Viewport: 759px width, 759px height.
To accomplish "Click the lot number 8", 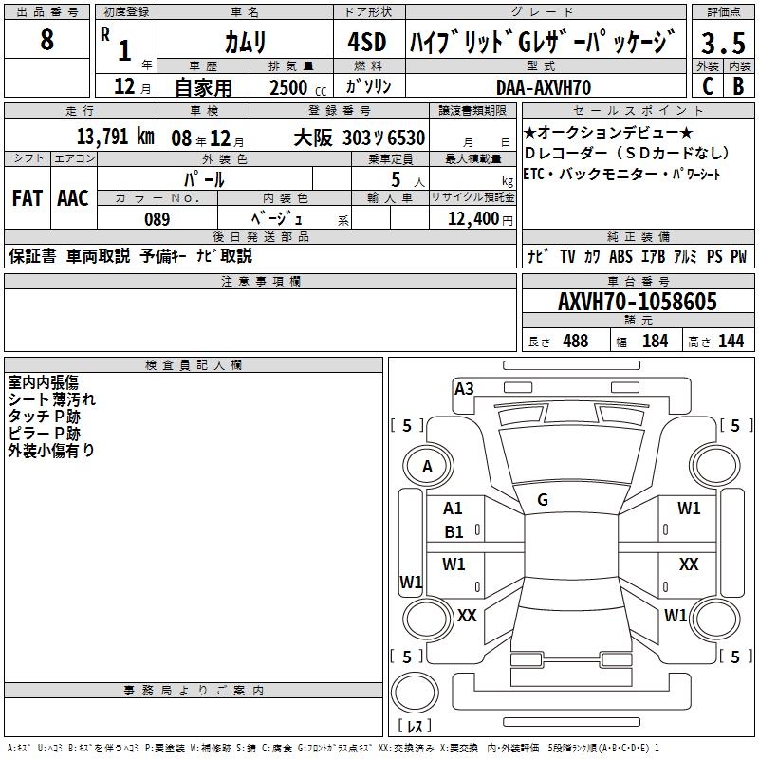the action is pos(46,41).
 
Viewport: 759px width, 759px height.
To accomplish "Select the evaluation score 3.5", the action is pos(723,43).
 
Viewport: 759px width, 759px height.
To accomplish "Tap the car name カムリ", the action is pos(245,42).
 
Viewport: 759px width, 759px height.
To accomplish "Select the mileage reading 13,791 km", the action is pos(115,137).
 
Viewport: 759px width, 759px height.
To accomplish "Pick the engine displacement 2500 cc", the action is pos(288,87).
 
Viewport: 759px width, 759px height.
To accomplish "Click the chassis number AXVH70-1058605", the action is pos(637,302).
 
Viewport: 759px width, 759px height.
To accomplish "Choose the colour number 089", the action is pos(157,219).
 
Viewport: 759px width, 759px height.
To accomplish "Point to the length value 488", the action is pos(575,341).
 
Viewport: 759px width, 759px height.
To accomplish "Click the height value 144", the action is pos(731,341).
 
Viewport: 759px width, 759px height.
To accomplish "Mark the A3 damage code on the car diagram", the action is pos(464,388).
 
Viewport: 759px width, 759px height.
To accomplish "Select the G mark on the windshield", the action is pos(543,500).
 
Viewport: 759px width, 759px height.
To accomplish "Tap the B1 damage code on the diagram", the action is pos(454,532).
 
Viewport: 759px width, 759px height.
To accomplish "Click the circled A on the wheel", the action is pos(427,466).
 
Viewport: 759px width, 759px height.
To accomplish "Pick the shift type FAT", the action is pos(27,197).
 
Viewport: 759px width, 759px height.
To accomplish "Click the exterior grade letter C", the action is pos(707,86).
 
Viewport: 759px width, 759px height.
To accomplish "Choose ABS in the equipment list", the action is pos(620,256).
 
